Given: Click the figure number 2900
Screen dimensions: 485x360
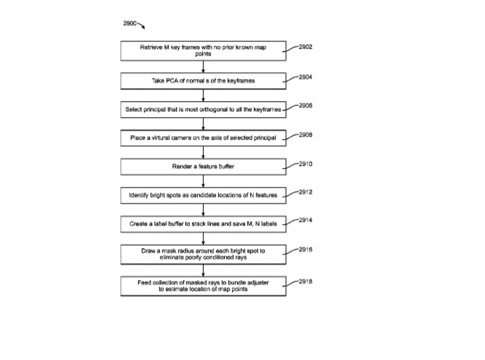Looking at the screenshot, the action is coord(129,23).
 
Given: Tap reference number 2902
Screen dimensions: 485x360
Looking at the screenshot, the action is coord(305,47).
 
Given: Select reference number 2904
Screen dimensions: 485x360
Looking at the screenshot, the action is coord(305,77).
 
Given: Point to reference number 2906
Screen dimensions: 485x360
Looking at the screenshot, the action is coord(305,105).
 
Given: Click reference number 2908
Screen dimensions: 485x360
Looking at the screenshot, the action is coord(305,135).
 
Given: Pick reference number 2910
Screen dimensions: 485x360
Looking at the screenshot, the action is coord(305,164).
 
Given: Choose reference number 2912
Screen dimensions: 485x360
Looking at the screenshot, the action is coord(305,192).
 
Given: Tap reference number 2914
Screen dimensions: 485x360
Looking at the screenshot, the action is coord(305,220).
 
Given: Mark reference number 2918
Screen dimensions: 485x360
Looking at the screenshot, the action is coord(305,281).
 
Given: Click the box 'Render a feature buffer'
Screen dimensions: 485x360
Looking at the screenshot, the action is coord(203,167).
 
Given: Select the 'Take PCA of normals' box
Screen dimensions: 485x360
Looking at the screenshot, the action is coord(203,81).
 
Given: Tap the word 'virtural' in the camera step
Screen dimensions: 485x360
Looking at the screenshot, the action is coord(161,138).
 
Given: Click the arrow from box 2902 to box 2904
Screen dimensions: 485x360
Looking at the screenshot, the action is coord(203,67).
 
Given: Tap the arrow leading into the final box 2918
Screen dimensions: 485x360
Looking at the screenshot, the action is coord(203,271).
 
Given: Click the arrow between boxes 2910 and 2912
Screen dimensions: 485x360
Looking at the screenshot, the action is coord(203,181).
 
